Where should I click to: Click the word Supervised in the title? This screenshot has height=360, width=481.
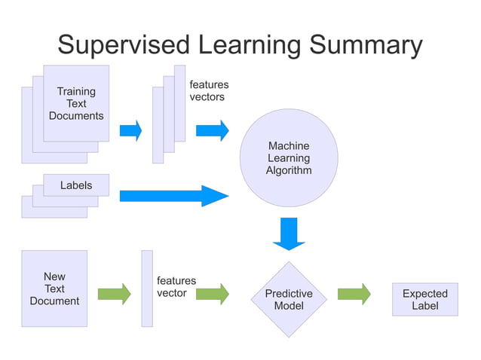[124, 44]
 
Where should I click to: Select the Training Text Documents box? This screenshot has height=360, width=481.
[76, 104]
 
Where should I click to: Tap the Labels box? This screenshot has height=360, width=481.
[76, 185]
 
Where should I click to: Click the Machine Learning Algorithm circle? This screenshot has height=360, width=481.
[288, 158]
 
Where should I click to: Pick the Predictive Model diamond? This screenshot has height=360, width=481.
[289, 300]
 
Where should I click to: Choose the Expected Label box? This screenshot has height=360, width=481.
[424, 300]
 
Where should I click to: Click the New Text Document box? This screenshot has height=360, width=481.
[54, 288]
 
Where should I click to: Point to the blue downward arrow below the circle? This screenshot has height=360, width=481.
[289, 233]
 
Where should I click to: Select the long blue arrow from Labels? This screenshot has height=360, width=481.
[173, 197]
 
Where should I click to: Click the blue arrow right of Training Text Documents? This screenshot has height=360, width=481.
[130, 130]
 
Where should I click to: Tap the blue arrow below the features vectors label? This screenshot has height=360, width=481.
[212, 130]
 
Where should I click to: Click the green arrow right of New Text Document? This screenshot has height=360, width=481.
[115, 294]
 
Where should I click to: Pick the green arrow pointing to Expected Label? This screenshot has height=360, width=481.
[354, 294]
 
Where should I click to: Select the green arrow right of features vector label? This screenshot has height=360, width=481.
[212, 294]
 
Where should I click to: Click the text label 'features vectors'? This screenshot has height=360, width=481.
[208, 91]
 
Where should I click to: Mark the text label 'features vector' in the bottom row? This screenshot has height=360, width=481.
[176, 287]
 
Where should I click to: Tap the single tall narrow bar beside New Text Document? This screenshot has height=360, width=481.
[147, 288]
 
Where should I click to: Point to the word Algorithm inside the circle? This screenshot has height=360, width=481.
[288, 170]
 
